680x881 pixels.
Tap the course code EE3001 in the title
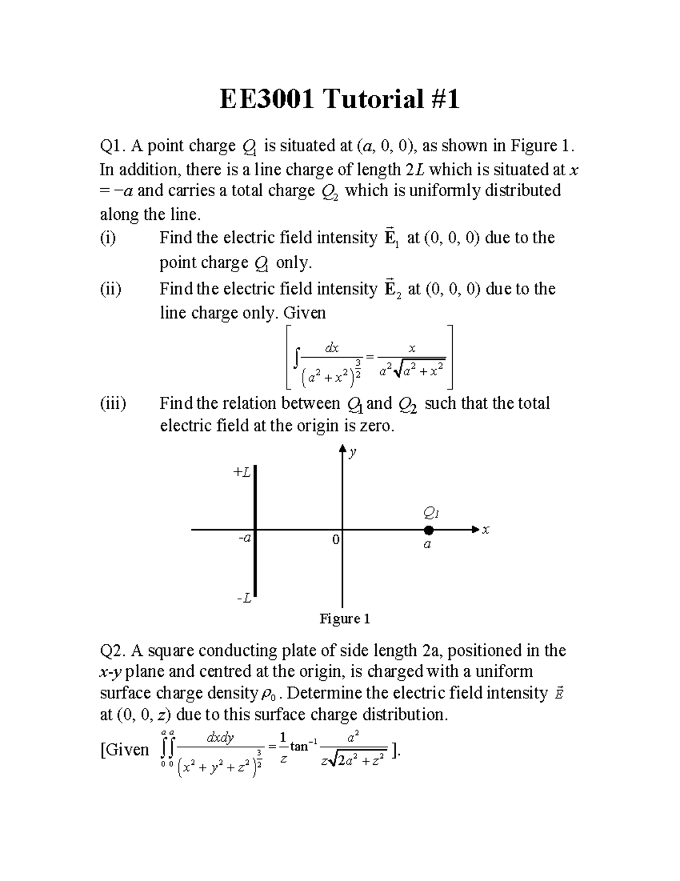pos(267,100)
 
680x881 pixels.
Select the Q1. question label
pos(112,146)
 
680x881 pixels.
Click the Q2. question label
pos(113,650)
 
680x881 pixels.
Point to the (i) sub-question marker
pos(108,238)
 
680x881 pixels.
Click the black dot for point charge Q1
pos(429,530)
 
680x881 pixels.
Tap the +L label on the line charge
pos(242,472)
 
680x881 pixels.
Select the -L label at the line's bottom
pos(244,598)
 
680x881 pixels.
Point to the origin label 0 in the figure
pos(335,540)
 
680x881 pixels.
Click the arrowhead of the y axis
pos(342,449)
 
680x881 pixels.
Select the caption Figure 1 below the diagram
pos(345,619)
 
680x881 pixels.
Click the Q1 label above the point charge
pos(431,514)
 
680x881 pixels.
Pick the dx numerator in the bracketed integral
pos(331,348)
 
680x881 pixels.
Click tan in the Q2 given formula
pos(299,747)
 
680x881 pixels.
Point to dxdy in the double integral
pos(220,738)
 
